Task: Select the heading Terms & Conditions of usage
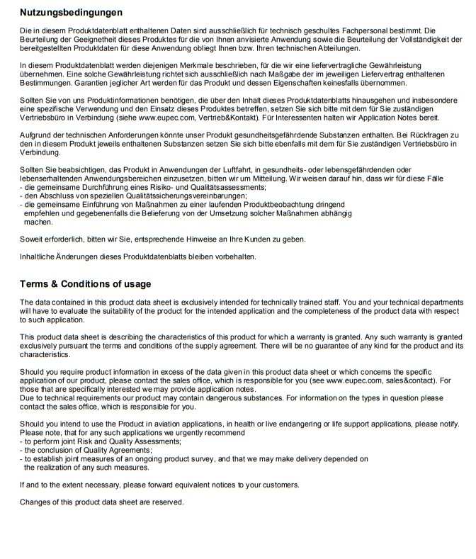[x=85, y=284]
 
